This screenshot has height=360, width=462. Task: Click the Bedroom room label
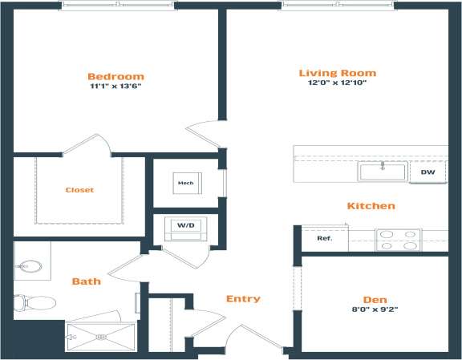tap(116, 76)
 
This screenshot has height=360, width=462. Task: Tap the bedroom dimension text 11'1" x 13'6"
tap(116, 87)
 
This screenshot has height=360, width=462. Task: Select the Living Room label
tap(337, 73)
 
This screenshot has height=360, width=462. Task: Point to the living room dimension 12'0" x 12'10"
tap(337, 83)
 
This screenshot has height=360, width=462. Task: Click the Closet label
tap(79, 190)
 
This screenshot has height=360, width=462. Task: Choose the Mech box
tap(185, 183)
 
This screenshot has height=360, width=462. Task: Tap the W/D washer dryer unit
tap(185, 227)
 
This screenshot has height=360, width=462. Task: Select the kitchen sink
tap(383, 171)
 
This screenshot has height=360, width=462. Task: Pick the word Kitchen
tap(371, 206)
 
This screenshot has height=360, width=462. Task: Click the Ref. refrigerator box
tap(324, 238)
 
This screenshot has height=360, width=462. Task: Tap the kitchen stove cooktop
tap(399, 240)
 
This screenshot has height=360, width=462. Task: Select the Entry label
tap(243, 299)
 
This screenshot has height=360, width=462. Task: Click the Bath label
tap(86, 281)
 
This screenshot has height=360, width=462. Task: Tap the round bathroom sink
tap(30, 266)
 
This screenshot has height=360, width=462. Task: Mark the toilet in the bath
tap(32, 303)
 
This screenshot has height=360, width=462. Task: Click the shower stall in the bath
tap(101, 336)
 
